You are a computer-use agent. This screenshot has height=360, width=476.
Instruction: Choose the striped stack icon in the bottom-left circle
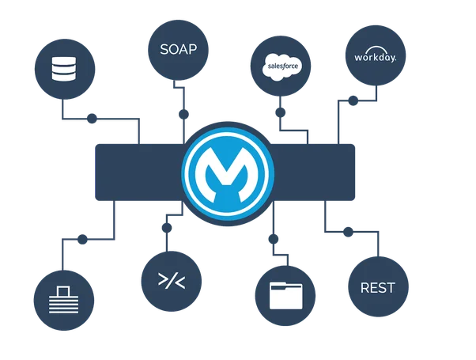tap(64, 301)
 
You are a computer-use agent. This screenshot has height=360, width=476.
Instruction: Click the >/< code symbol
tap(168, 279)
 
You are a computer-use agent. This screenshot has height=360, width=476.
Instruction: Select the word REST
tap(377, 287)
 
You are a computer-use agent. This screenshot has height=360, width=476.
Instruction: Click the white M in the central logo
tap(228, 169)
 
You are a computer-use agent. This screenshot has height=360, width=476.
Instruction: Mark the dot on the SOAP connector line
tap(183, 112)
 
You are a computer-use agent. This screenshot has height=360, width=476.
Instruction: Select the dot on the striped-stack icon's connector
tap(81, 235)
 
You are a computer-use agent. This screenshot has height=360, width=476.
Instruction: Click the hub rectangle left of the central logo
tap(138, 169)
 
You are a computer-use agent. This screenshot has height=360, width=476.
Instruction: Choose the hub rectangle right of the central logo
tap(316, 169)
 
